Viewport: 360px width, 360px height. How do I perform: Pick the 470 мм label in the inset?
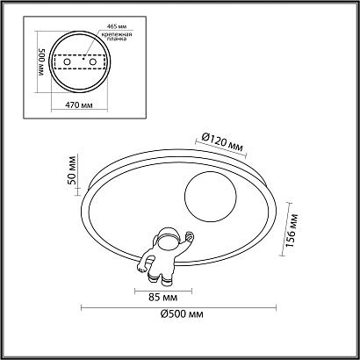80,105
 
